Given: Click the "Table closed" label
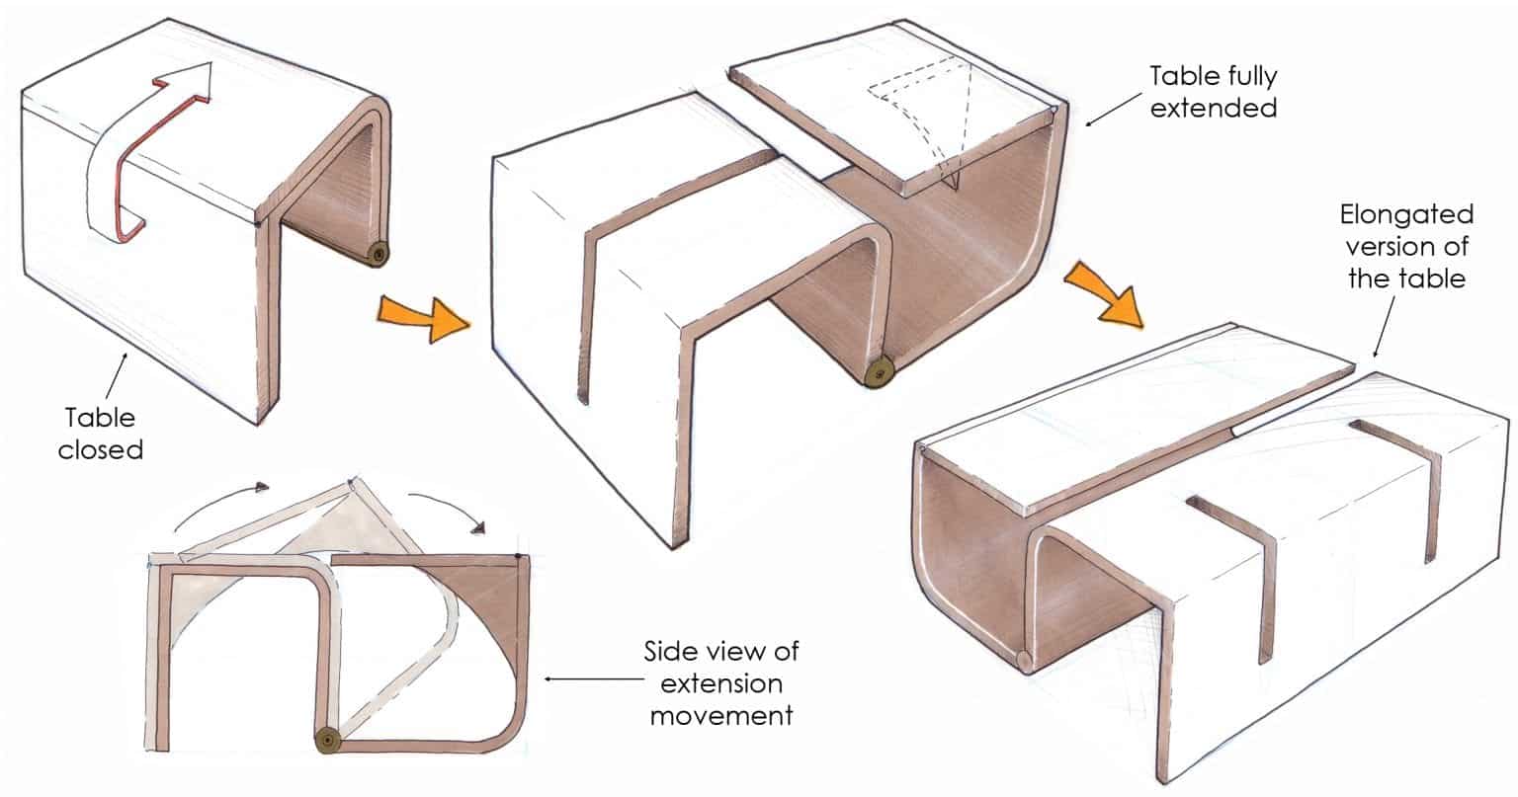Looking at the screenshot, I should point(100,432).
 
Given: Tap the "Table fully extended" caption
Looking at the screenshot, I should point(1214,91).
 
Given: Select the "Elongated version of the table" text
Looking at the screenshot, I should point(1406,247).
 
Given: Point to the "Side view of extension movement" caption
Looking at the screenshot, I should point(720,682).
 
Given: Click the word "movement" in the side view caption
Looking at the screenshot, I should point(720,714).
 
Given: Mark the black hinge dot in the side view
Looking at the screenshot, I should point(520,560).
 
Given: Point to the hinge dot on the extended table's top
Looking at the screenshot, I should point(1058,111).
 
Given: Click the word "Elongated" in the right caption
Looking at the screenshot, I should point(1406,214).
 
